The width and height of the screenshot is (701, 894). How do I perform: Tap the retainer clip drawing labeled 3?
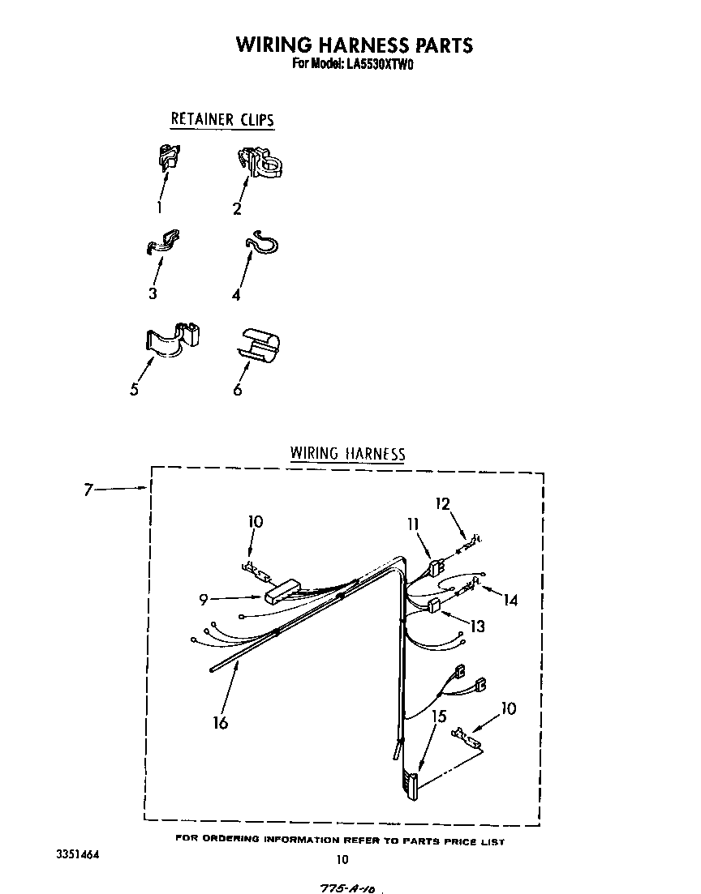pyautogui.click(x=163, y=241)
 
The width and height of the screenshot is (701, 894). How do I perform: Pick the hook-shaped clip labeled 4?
pyautogui.click(x=262, y=242)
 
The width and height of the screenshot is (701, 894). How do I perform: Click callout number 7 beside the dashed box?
pyautogui.click(x=88, y=490)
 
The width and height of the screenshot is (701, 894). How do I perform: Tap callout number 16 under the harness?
pyautogui.click(x=221, y=722)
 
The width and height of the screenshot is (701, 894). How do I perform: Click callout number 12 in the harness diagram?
pyautogui.click(x=442, y=503)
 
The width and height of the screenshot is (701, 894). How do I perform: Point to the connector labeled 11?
pyautogui.click(x=437, y=568)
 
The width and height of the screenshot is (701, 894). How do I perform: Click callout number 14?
pyautogui.click(x=510, y=600)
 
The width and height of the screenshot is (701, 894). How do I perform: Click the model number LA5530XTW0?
pyautogui.click(x=376, y=64)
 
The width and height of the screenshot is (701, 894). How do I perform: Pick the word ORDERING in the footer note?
pyautogui.click(x=231, y=839)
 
